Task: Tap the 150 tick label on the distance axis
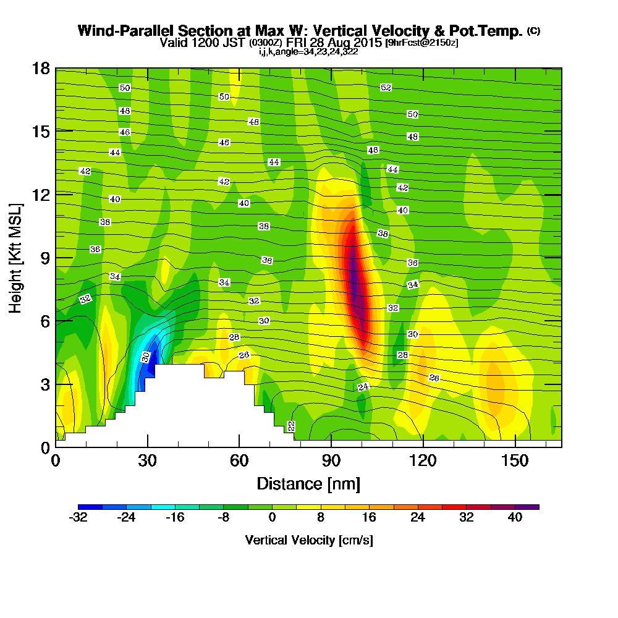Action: point(514,461)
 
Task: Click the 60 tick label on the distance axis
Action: point(239,461)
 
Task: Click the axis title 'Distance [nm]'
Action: point(308,483)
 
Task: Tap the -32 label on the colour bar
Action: point(78,519)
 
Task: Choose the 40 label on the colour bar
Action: point(515,519)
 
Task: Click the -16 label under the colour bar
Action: point(175,519)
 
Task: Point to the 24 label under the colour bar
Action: point(418,519)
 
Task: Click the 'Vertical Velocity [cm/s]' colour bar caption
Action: point(308,540)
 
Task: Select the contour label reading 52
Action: point(386,88)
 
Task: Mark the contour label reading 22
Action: point(291,426)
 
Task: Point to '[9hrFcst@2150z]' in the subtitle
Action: point(421,43)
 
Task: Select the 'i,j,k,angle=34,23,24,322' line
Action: point(308,51)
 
